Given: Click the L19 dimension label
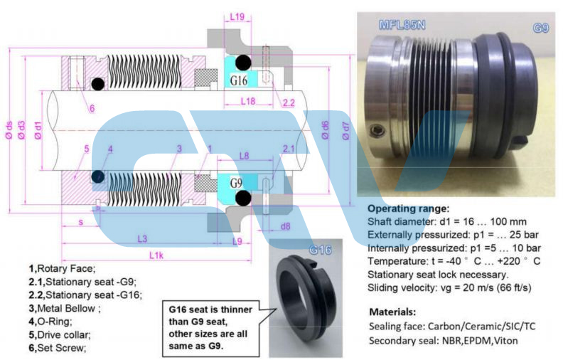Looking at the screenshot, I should (238, 16).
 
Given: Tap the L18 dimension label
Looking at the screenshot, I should (248, 102).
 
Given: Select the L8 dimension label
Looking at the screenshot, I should (244, 154).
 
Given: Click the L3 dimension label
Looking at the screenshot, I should (141, 238).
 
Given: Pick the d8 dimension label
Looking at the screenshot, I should (285, 227).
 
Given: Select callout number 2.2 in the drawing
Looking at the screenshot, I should (289, 103).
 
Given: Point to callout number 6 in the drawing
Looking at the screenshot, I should (92, 108).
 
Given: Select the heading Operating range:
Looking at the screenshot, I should (408, 209).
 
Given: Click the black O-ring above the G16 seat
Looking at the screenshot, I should (243, 62).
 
